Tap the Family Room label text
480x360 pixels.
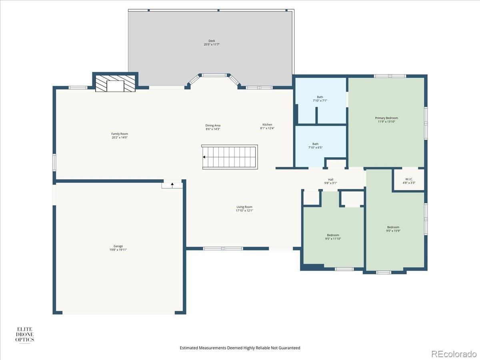pyautogui.click(x=120, y=134)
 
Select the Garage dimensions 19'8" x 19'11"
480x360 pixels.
pyautogui.click(x=118, y=250)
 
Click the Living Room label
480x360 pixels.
pyautogui.click(x=244, y=207)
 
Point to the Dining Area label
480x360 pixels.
pyautogui.click(x=213, y=126)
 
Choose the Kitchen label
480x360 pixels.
pyautogui.click(x=267, y=124)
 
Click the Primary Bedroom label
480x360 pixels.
pyautogui.click(x=386, y=118)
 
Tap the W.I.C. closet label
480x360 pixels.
pyautogui.click(x=409, y=179)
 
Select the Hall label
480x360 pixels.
pyautogui.click(x=331, y=180)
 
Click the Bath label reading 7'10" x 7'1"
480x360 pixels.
pyautogui.click(x=320, y=99)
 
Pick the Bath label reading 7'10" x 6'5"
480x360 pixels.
pyautogui.click(x=315, y=146)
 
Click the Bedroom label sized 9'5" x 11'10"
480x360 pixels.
pyautogui.click(x=333, y=237)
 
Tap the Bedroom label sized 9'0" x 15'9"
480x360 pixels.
pyautogui.click(x=393, y=229)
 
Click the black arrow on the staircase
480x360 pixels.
pyautogui.click(x=204, y=157)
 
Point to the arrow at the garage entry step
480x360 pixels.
pyautogui.click(x=172, y=185)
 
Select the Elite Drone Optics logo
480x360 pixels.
pyautogui.click(x=24, y=334)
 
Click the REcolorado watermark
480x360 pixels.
pyautogui.click(x=454, y=354)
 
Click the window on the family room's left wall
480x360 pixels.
pyautogui.click(x=54, y=162)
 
